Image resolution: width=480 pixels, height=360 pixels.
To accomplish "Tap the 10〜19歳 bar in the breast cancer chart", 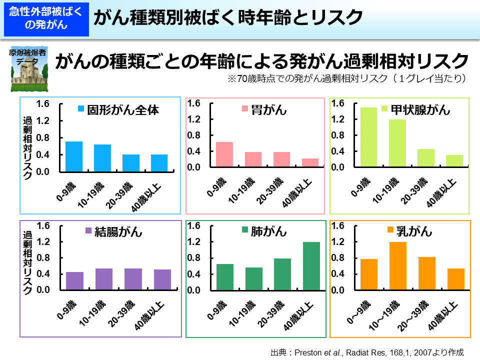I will tap(397, 266).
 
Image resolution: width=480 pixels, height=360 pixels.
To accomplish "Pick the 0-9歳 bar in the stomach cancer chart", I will tap(224, 154).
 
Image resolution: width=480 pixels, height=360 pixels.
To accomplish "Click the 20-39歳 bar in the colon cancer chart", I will tap(133, 279).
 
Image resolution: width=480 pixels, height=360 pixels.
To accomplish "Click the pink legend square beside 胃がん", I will tap(245, 109).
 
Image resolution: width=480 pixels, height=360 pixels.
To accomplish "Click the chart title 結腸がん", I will tap(118, 231).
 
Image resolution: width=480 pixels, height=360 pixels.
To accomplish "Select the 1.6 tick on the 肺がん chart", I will tap(193, 226).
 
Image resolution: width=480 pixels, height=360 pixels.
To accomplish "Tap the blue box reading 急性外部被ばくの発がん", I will tap(45, 19).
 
